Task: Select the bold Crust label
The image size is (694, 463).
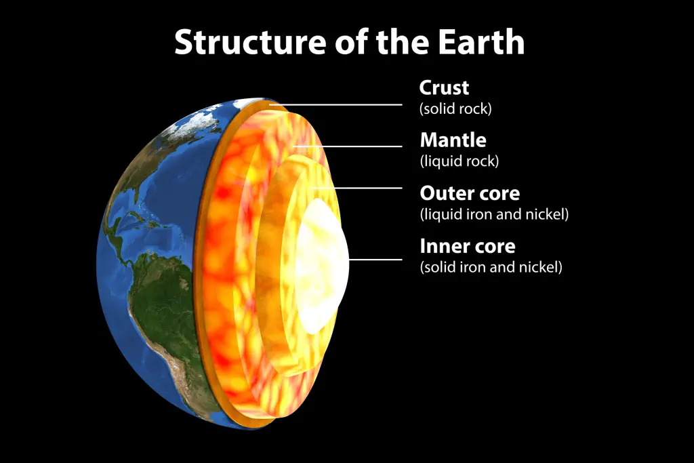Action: click(x=444, y=87)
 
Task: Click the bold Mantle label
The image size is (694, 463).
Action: click(x=453, y=140)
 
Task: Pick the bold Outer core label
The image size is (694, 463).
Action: click(x=470, y=193)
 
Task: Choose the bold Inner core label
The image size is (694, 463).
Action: click(x=468, y=246)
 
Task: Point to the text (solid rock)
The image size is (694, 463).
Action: click(x=455, y=109)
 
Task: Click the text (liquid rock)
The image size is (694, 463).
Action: click(x=460, y=161)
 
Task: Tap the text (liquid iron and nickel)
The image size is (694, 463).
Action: click(x=494, y=214)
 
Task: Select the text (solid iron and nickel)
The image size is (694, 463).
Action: click(x=491, y=267)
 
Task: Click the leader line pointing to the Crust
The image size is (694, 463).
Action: click(x=335, y=105)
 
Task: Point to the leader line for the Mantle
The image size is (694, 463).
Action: click(x=348, y=146)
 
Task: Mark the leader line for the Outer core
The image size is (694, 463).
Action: click(x=357, y=188)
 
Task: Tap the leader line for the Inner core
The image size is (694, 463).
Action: click(x=375, y=260)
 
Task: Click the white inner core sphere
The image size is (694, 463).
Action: click(x=321, y=266)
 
